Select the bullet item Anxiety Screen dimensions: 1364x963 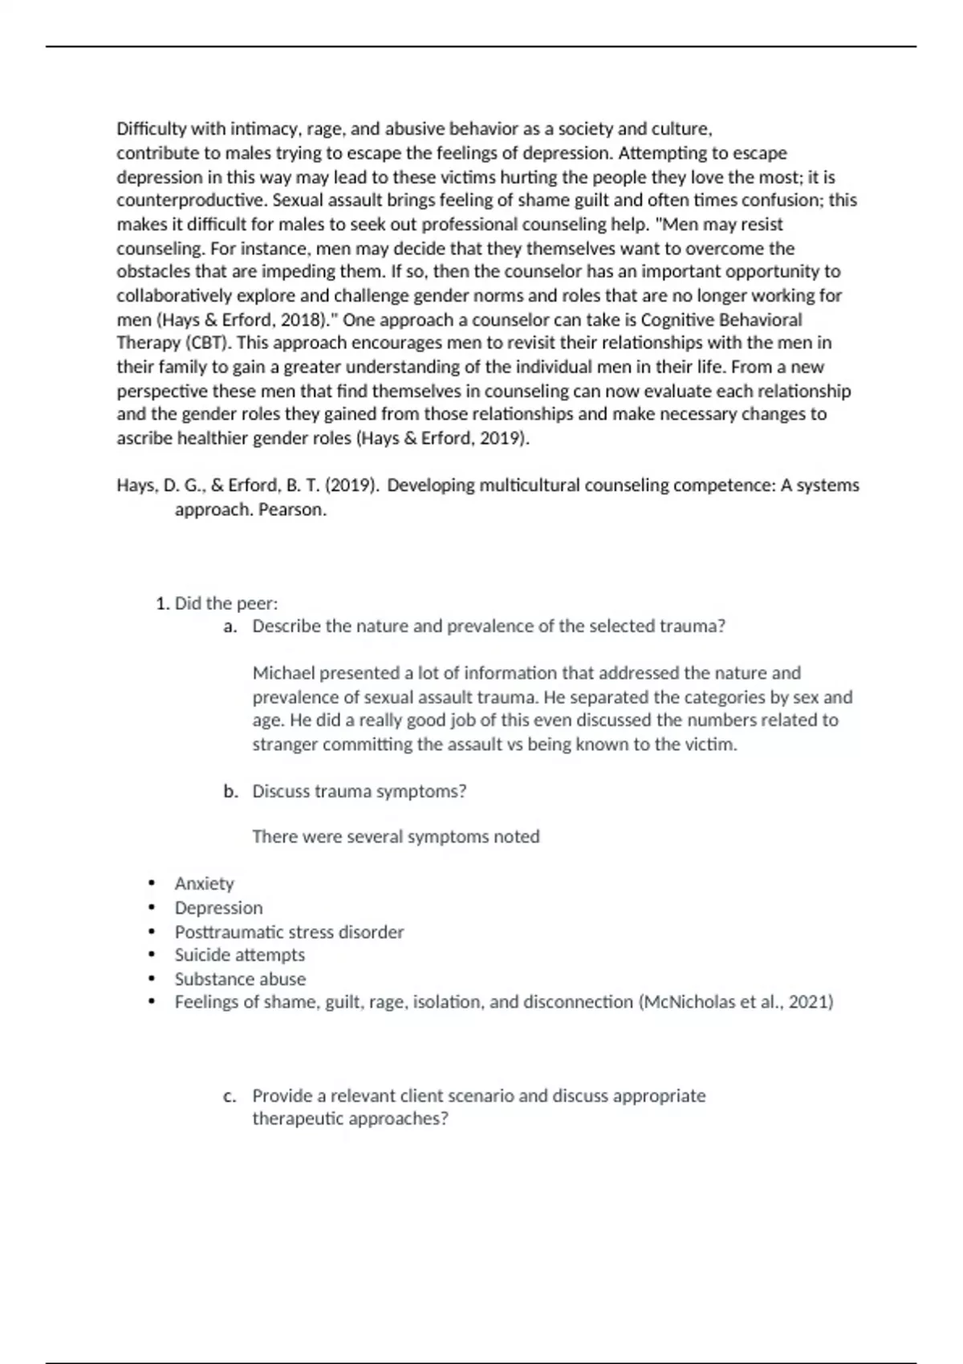(205, 884)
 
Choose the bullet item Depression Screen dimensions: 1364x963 (219, 908)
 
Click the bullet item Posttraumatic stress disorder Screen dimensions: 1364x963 (289, 932)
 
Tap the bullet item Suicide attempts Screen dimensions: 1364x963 (240, 956)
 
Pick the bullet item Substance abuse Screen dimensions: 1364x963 (240, 980)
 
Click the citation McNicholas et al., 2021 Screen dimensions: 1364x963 (735, 1002)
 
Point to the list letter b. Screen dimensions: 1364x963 (230, 792)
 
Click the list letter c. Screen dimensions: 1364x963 (230, 1096)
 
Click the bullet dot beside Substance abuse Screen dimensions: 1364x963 (151, 979)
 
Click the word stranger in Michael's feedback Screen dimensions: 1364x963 (285, 745)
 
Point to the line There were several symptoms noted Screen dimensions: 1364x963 (396, 837)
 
